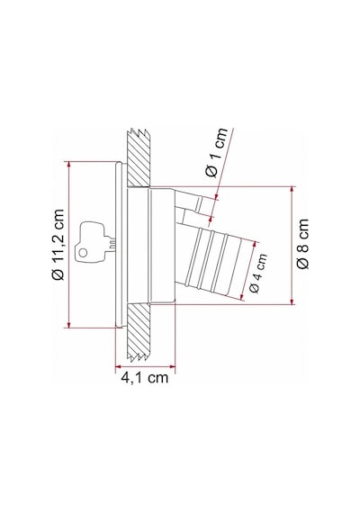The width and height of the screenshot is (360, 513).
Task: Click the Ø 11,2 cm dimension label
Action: coord(58,244)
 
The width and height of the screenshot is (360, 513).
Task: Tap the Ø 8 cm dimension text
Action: coord(302,244)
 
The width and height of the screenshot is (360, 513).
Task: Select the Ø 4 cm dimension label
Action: coord(258,273)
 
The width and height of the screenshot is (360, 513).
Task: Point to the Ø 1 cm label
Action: coord(217,152)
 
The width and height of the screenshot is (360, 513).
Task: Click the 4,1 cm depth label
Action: coord(145,378)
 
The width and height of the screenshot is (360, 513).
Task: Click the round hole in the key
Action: coord(83,253)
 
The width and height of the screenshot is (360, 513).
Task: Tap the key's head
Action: coord(89,242)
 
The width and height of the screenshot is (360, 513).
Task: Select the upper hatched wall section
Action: coord(139,157)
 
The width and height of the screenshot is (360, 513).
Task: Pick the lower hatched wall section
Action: coord(139,333)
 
